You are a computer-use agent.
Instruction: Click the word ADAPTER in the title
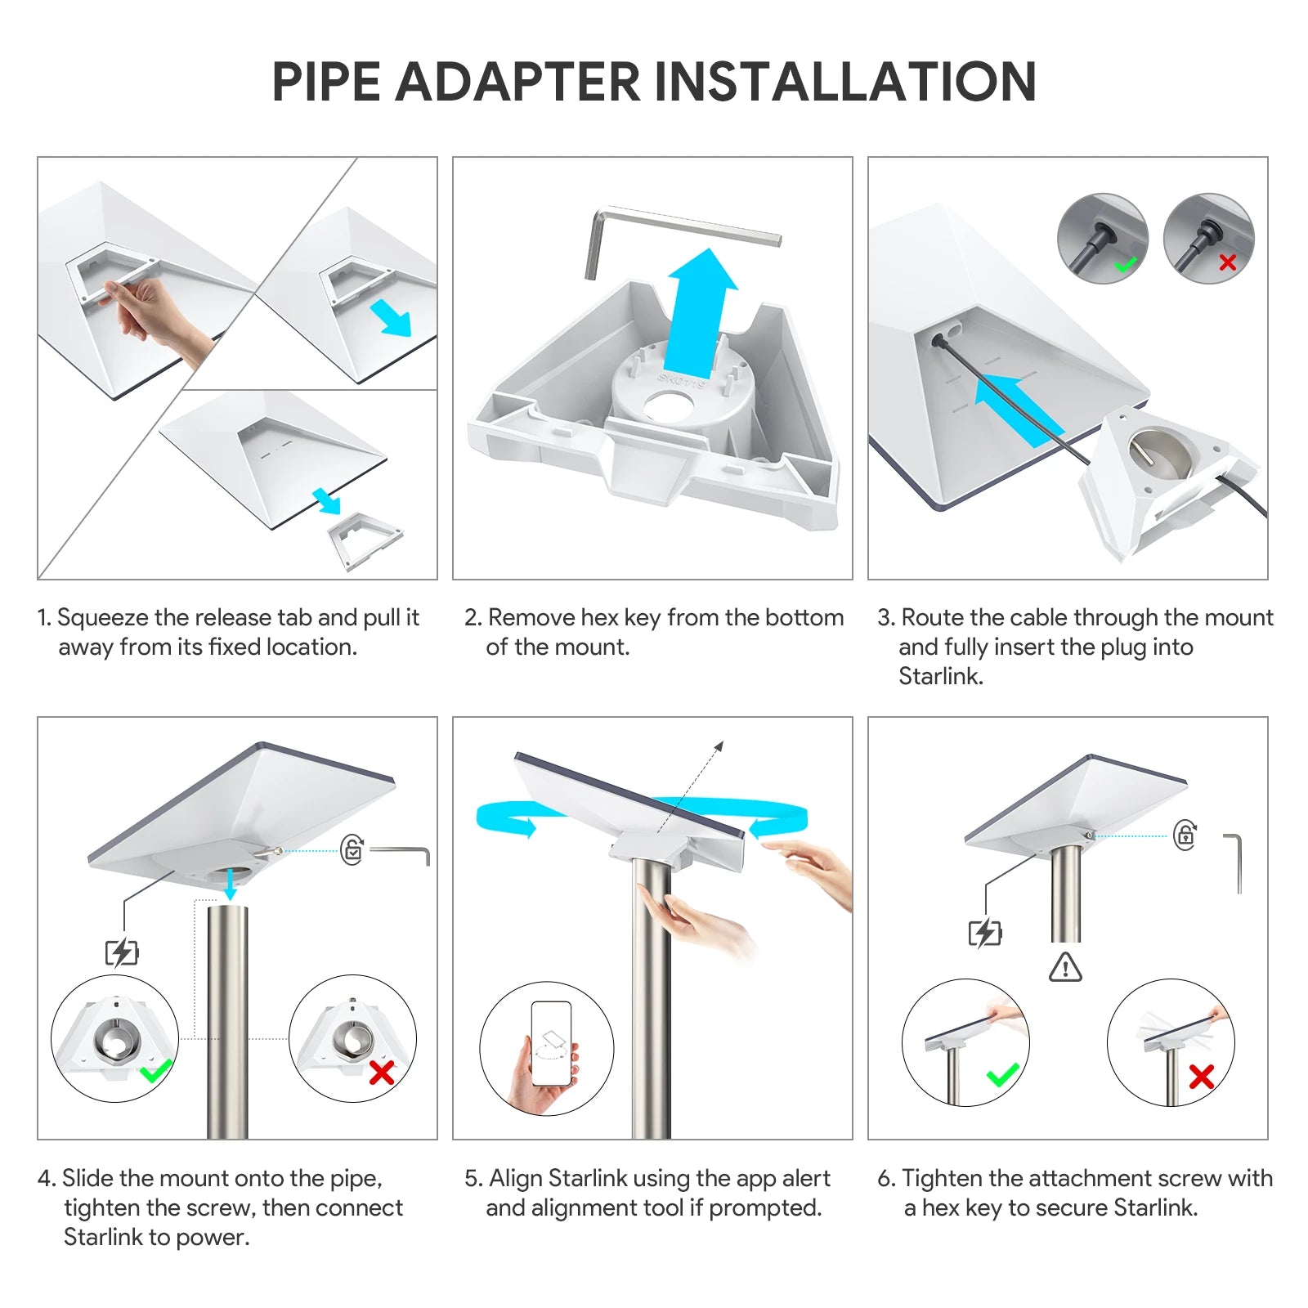pos(518,82)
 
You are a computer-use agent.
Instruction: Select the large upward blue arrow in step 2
pos(701,313)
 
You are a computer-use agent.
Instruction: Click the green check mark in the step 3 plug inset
pos(1126,264)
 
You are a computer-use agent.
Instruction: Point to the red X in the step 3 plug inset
pos(1227,262)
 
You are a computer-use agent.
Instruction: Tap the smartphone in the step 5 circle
pos(550,1043)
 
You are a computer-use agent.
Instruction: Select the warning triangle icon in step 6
pos(1065,966)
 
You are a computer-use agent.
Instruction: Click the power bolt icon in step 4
pos(122,952)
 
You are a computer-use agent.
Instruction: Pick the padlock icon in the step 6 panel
pos(1185,835)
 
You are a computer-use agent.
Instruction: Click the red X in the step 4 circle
pos(382,1072)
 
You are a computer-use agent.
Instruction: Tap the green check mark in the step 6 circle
pos(1002,1075)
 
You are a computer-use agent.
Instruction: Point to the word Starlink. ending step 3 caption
pos(941,676)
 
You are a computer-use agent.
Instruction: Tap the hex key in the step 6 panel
pos(1234,862)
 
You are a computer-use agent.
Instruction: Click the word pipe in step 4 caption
pos(356,1180)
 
